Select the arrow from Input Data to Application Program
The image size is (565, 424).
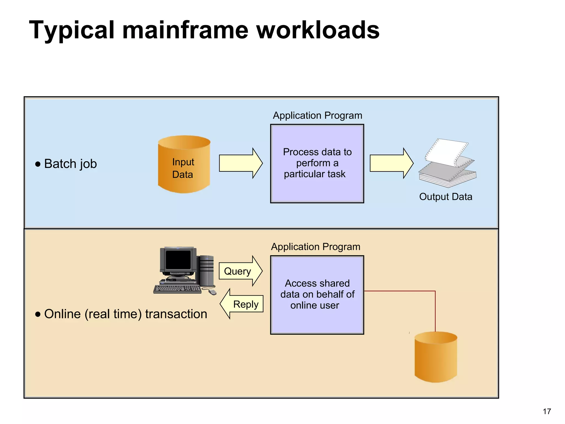coord(240,163)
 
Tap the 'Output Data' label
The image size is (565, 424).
coord(446,197)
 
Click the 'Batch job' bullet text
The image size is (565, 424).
coord(70,164)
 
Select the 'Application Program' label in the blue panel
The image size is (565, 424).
coord(317,115)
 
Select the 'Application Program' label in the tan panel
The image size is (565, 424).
coord(316,247)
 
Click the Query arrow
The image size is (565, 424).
coord(240,271)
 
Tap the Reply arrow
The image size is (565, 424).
coord(242,304)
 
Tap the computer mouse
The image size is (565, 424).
coord(212,292)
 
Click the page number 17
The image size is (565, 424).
coord(547,411)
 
